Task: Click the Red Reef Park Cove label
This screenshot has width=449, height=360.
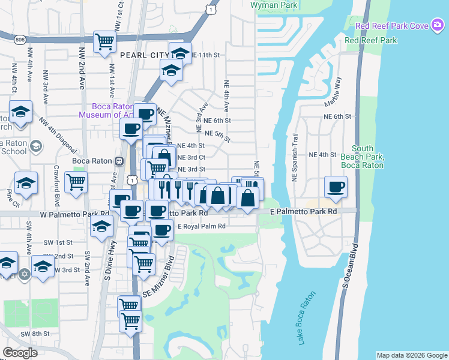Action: coord(391,26)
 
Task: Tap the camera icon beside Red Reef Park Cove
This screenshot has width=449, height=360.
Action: coord(437,26)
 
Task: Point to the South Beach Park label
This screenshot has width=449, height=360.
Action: coord(362,157)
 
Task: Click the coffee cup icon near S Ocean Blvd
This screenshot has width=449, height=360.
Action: coord(336,186)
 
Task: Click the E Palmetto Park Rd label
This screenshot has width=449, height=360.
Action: coord(304,212)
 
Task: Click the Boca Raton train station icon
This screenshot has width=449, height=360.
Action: coord(119,161)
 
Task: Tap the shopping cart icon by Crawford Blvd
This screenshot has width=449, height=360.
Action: coord(76,182)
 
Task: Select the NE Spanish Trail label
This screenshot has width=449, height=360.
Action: coord(295,157)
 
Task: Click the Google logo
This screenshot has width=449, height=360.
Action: coord(20,353)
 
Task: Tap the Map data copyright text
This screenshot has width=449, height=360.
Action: coord(412,355)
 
